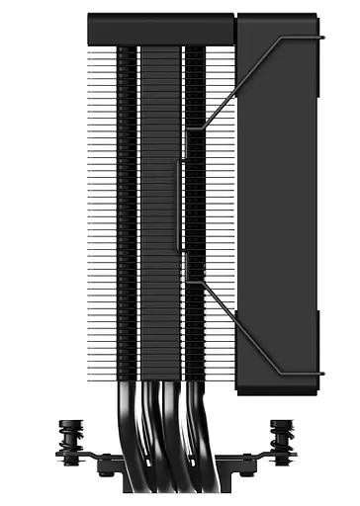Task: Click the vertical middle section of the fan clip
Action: (180, 206)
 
